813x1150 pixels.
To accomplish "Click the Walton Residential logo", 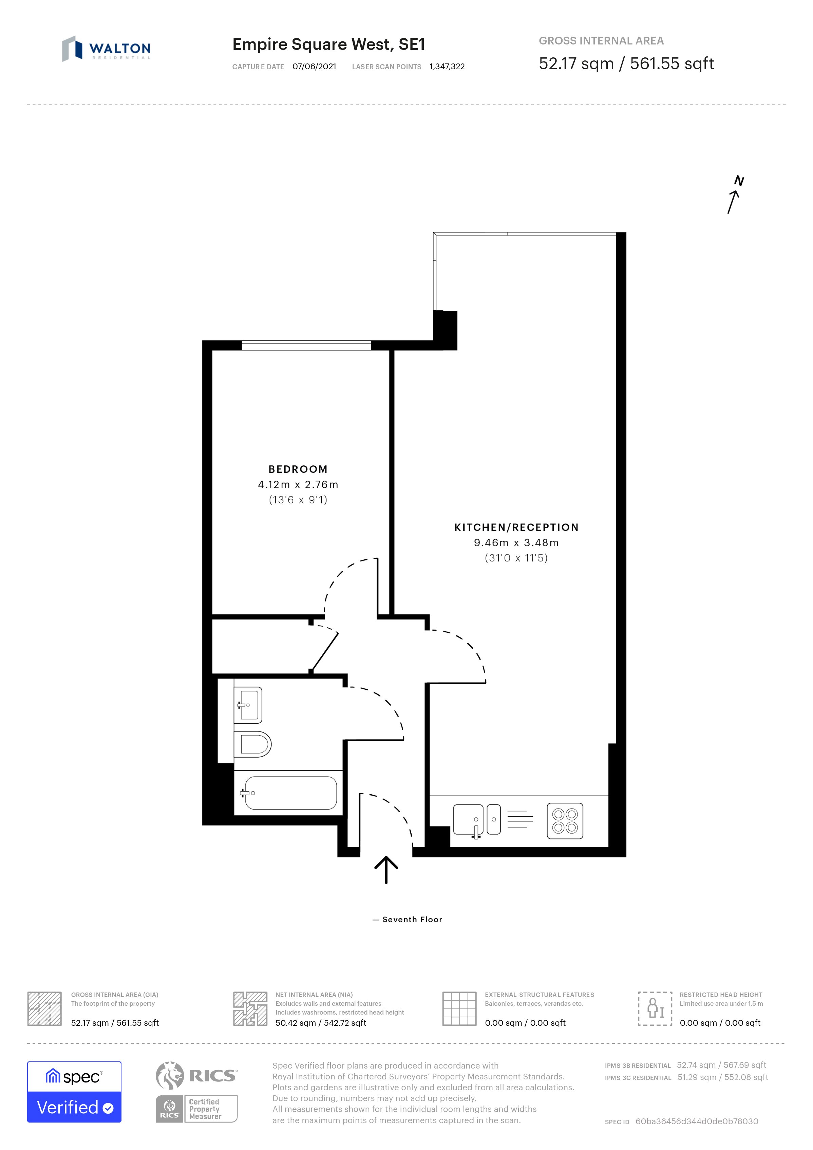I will click(106, 49).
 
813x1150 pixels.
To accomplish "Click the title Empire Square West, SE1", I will click(328, 44).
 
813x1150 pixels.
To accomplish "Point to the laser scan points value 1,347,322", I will click(447, 67).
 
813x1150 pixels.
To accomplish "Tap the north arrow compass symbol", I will click(734, 195).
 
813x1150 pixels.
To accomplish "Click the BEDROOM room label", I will click(298, 469).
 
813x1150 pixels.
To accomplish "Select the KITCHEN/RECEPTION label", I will click(516, 527).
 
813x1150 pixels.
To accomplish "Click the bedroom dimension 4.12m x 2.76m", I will click(298, 485).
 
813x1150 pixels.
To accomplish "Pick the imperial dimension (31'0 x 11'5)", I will click(516, 558).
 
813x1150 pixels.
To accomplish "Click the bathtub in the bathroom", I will click(290, 793).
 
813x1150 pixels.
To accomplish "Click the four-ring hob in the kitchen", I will click(565, 821).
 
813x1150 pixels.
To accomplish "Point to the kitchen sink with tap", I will click(469, 820).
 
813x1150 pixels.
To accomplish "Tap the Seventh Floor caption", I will click(412, 920).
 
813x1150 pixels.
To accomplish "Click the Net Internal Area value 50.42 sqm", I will click(320, 1023).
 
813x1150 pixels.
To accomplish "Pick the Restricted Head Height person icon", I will click(655, 1008).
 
